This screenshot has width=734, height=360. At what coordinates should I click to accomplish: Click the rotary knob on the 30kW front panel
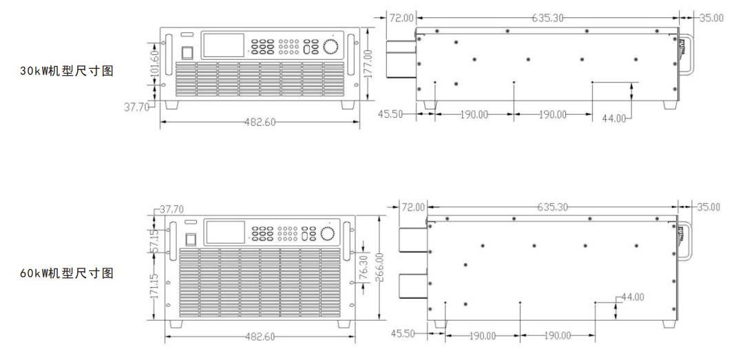331,47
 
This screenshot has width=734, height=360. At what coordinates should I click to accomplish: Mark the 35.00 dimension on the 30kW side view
712,17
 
